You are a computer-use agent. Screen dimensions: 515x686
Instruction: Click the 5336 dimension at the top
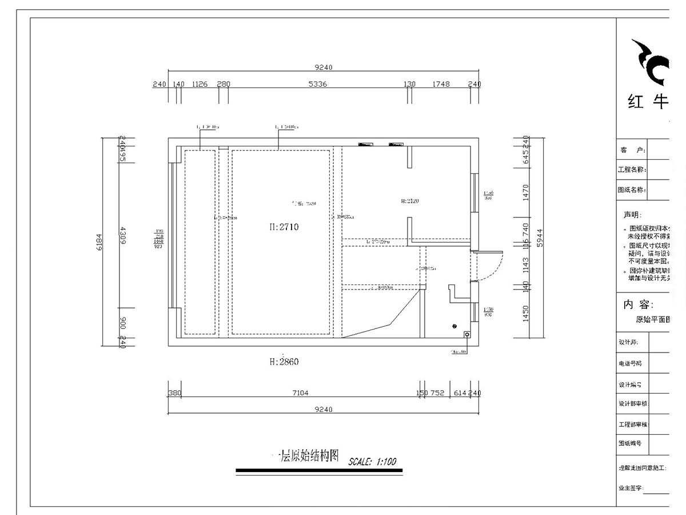tap(317, 84)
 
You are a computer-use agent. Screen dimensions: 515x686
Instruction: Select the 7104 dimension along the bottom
tap(300, 393)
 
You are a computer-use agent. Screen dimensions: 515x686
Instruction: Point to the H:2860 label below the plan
tap(284, 362)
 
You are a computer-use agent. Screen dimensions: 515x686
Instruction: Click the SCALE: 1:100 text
tap(372, 461)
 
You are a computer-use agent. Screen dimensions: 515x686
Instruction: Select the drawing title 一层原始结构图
tap(306, 456)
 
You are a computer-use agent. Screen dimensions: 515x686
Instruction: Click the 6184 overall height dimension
tap(99, 241)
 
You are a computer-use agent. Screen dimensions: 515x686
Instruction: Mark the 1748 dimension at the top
tap(441, 84)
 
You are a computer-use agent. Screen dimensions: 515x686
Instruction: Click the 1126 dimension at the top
tap(200, 84)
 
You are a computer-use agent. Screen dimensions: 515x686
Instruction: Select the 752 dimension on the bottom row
tap(437, 393)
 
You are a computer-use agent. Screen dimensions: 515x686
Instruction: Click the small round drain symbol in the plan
tap(454, 326)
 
